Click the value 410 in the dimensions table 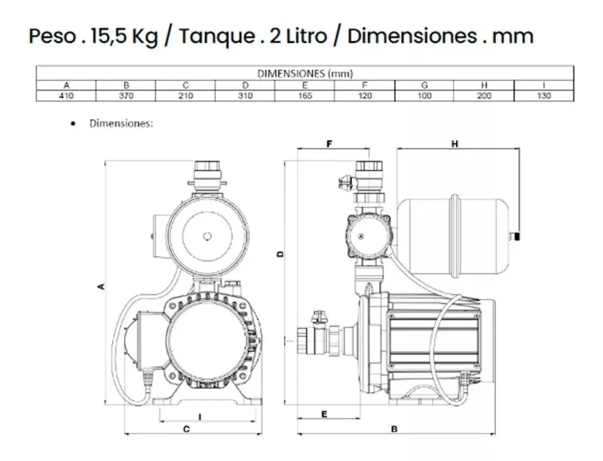pyautogui.click(x=66, y=96)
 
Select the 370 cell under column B pyautogui.click(x=126, y=96)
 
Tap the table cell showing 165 pyautogui.click(x=305, y=96)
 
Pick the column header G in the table pyautogui.click(x=424, y=85)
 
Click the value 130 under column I pyautogui.click(x=543, y=96)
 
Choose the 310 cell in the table pyautogui.click(x=245, y=96)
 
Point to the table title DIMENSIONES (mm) pyautogui.click(x=305, y=74)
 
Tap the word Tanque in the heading pyautogui.click(x=212, y=35)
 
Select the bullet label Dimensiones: pyautogui.click(x=121, y=123)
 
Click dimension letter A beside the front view pyautogui.click(x=99, y=285)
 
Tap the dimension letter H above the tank pyautogui.click(x=455, y=143)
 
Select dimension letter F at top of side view pyautogui.click(x=329, y=143)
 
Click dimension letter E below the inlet pyautogui.click(x=323, y=414)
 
